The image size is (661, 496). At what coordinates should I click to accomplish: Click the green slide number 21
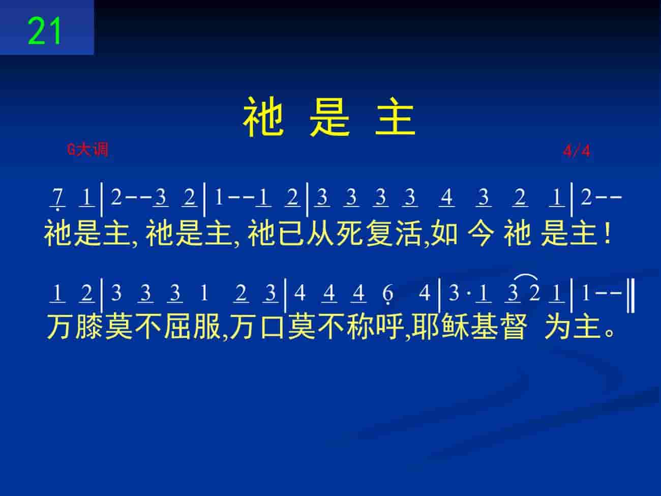pyautogui.click(x=45, y=31)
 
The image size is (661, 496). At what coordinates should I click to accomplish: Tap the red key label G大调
pyautogui.click(x=87, y=150)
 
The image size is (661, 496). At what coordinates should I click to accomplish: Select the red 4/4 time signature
pyautogui.click(x=577, y=151)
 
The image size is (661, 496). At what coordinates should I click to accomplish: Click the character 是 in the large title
pyautogui.click(x=330, y=117)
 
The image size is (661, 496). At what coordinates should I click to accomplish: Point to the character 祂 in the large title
pyautogui.click(x=263, y=117)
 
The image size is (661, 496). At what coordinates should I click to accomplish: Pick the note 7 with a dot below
pyautogui.click(x=57, y=199)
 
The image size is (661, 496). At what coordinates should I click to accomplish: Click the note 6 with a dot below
pyautogui.click(x=388, y=294)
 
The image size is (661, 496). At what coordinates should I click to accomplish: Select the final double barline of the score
pyautogui.click(x=630, y=296)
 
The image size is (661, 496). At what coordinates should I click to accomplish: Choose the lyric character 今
pyautogui.click(x=481, y=234)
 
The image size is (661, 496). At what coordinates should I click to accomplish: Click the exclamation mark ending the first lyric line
pyautogui.click(x=608, y=234)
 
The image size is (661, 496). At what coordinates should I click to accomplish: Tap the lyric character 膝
pyautogui.click(x=89, y=327)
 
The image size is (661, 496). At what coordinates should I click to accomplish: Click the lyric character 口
pyautogui.click(x=272, y=327)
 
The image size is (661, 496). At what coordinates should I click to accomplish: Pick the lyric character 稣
pyautogui.click(x=455, y=327)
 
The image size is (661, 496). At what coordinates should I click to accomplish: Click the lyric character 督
pyautogui.click(x=514, y=327)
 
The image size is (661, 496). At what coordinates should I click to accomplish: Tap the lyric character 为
pyautogui.click(x=557, y=327)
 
